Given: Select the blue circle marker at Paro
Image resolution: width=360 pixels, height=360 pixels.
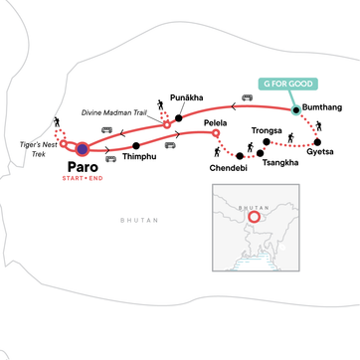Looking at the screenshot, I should (x=82, y=149).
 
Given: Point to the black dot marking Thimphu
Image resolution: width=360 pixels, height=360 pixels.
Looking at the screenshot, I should (x=136, y=146).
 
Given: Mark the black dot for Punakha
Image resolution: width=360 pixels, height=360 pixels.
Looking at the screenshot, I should (x=179, y=118).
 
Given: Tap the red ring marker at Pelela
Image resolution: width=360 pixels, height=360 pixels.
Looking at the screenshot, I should (x=217, y=131).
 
